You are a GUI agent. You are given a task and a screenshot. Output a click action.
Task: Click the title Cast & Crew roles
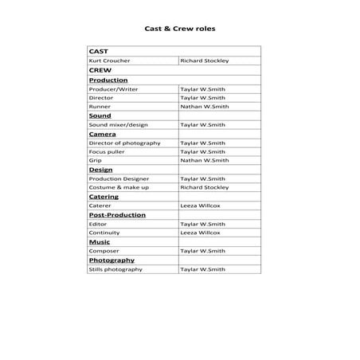click(179, 28)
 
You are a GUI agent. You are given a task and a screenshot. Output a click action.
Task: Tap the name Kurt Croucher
click(110, 61)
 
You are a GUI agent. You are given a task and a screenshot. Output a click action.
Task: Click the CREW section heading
click(100, 70)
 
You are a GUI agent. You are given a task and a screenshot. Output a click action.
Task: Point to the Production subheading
click(108, 80)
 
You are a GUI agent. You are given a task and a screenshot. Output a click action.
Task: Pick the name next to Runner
click(205, 106)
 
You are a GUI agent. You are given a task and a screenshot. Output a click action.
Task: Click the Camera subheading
click(102, 134)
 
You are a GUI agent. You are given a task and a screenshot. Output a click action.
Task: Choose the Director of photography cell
click(124, 143)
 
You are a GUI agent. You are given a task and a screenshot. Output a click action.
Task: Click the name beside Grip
click(205, 160)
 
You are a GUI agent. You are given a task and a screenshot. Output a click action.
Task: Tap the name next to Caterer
click(200, 205)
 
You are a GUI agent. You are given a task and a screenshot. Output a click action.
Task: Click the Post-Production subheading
click(117, 215)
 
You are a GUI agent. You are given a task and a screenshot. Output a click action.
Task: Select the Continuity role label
click(104, 233)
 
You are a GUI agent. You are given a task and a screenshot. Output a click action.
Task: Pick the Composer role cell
click(104, 251)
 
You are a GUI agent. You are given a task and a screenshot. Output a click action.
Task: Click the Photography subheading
click(112, 260)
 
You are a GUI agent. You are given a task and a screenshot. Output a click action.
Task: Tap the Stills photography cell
click(115, 269)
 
